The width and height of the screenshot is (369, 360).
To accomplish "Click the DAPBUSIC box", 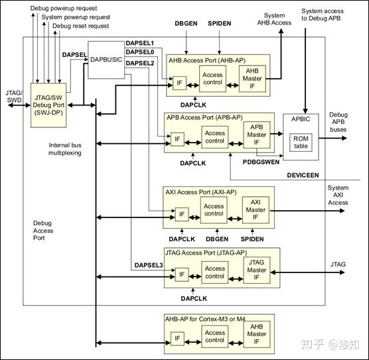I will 106,60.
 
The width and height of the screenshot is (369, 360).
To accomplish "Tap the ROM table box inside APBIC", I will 301,142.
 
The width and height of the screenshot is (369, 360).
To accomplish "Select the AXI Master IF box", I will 256,210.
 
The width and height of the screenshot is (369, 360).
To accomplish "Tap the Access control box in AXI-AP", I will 214,210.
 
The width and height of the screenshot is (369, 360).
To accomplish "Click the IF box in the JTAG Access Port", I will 180,274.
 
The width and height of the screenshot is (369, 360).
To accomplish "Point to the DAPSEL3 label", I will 149,265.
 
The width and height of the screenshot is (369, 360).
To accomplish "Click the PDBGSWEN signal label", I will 261,161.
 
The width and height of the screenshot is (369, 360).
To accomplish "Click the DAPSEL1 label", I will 140,43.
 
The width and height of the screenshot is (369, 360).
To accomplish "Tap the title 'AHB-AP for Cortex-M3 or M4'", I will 210,318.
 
